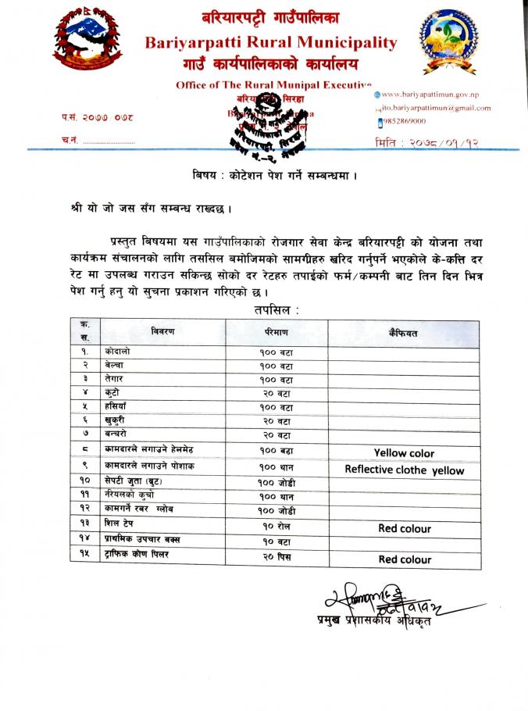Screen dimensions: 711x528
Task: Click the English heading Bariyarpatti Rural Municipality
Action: [270, 44]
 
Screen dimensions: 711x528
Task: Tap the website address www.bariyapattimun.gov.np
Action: [436, 95]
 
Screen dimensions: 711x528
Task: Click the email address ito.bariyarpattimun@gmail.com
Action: [437, 108]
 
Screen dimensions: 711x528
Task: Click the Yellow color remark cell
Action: [404, 453]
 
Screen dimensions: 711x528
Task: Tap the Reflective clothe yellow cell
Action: [404, 470]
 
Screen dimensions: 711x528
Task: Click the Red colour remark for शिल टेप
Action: [404, 528]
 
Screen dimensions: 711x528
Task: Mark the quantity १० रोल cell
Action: [277, 528]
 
